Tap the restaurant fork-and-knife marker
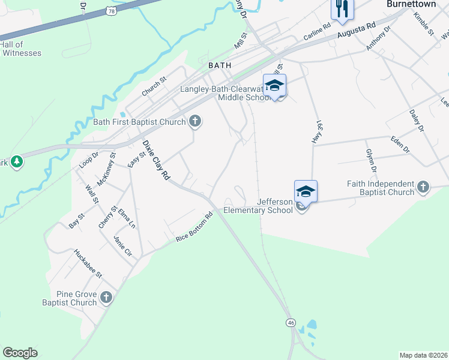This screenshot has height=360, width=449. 342,9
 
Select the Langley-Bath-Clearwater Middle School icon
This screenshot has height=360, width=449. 274,86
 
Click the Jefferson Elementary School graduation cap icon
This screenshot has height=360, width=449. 306,192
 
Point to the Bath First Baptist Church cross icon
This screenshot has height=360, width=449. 194,122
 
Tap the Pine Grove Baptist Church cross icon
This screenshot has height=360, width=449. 106,297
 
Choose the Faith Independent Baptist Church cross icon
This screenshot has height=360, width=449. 423,187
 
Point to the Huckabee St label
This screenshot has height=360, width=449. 89,263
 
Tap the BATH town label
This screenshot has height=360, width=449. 219,65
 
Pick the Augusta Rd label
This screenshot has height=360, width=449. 356,31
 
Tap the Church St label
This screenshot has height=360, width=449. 154,87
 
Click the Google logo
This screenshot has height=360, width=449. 20,353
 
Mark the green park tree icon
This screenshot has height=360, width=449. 17,161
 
